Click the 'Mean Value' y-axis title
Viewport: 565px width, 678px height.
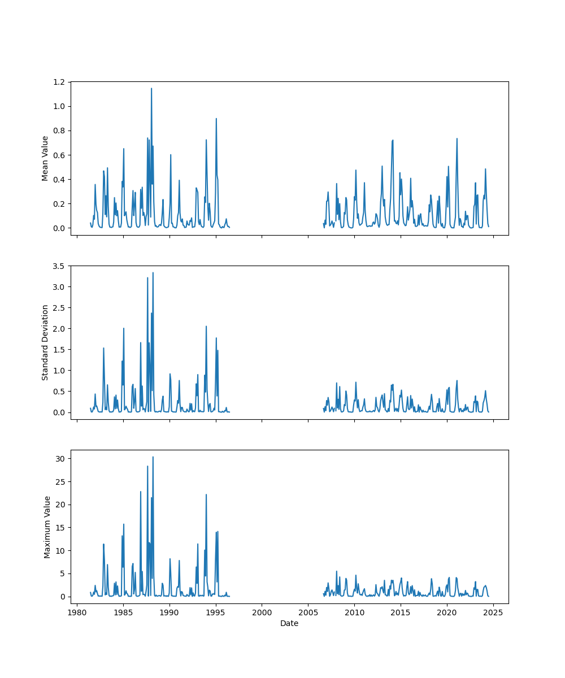coord(45,158)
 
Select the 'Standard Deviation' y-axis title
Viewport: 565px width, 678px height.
coord(45,342)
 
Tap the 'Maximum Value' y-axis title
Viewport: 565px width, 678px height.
coord(47,527)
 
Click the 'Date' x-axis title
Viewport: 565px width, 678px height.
coord(289,623)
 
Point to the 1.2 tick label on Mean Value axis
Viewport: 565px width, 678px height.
coord(58,82)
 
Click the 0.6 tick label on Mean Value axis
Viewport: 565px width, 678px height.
coord(58,155)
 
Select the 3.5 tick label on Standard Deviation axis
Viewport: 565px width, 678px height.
coord(58,266)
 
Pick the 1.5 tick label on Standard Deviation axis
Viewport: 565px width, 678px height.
coord(58,350)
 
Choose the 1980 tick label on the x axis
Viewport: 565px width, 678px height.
coord(77,612)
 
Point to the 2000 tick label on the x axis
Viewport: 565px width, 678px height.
coord(262,612)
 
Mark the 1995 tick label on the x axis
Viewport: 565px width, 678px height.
coord(216,612)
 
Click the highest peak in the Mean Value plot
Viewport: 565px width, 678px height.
coord(151,89)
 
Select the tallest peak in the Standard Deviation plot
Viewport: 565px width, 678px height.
coord(153,273)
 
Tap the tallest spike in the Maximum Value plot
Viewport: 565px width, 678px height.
coord(153,457)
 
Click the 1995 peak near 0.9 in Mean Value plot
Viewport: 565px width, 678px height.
coord(216,119)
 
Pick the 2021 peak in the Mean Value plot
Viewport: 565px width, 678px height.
coord(457,138)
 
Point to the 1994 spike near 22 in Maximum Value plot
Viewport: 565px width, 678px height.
coord(206,494)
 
